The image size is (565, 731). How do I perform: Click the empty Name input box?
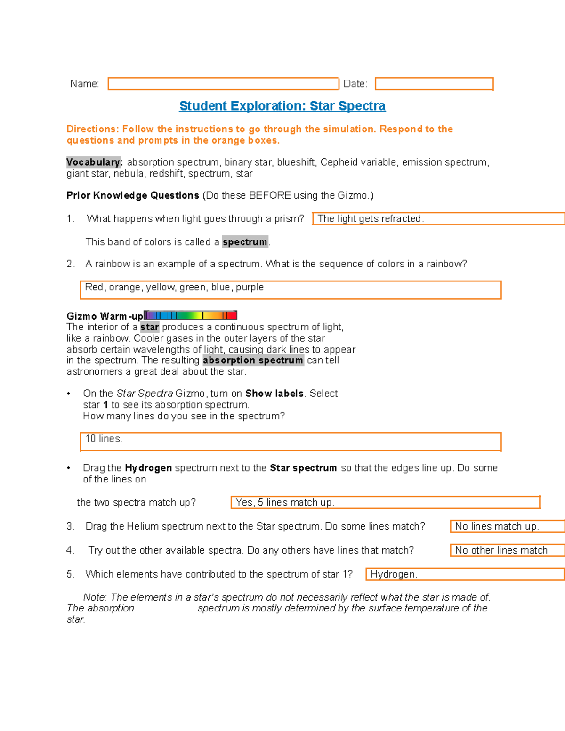pos(223,84)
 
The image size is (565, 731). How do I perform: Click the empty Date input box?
pos(434,84)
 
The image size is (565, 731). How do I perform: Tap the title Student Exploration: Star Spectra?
pos(282,106)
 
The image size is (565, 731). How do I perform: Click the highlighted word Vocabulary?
pos(94,162)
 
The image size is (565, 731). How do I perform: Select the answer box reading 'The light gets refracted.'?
pos(438,218)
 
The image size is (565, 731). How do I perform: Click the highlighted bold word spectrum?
pos(245,242)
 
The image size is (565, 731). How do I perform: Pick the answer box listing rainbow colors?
pos(291,290)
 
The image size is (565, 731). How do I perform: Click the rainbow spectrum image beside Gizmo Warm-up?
pos(191,315)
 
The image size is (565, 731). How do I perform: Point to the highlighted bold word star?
pos(149,327)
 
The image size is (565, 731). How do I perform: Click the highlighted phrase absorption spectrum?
pos(253,361)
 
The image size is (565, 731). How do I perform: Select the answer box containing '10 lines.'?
pos(291,442)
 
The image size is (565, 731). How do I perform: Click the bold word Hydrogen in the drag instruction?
pos(148,468)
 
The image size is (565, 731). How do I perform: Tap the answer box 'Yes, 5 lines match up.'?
pos(385,502)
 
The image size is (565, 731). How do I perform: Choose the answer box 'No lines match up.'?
pos(507,526)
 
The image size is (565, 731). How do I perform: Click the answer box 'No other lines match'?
pos(507,550)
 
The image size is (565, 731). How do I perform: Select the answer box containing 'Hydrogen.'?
pos(465,574)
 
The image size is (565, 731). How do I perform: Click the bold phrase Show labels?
pos(274,394)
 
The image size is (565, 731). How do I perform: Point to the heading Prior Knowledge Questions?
pos(133,195)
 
